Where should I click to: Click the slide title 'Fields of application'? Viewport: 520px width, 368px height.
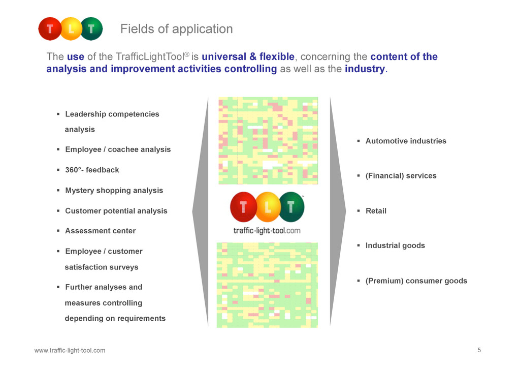pos(176,29)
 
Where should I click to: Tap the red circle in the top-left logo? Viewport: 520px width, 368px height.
pos(50,29)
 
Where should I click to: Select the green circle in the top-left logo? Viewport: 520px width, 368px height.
pos(91,29)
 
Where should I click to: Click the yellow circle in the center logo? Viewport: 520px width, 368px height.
pos(267,207)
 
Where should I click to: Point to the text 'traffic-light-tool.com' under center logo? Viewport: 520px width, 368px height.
pos(267,230)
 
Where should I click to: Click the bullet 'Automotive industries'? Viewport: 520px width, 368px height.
pos(406,141)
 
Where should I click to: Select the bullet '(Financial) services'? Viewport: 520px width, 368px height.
pos(401,176)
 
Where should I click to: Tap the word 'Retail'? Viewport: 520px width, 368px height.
pos(376,211)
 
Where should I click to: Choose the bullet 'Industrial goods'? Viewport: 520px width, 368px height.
pos(395,246)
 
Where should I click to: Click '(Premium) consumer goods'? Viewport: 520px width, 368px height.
pos(416,281)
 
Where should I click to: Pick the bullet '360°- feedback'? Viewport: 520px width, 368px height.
pos(92,170)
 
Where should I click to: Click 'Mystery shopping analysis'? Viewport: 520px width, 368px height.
pos(114,191)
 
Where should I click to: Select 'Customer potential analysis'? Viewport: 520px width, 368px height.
pos(116,211)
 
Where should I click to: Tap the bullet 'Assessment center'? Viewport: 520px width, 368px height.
pos(101,231)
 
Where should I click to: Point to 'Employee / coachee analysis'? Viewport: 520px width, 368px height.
pos(118,149)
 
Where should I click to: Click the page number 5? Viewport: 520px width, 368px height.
pos(479,350)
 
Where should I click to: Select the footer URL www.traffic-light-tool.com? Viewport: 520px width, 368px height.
pos(70,350)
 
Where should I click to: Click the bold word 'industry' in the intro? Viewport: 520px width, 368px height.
pos(365,69)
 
